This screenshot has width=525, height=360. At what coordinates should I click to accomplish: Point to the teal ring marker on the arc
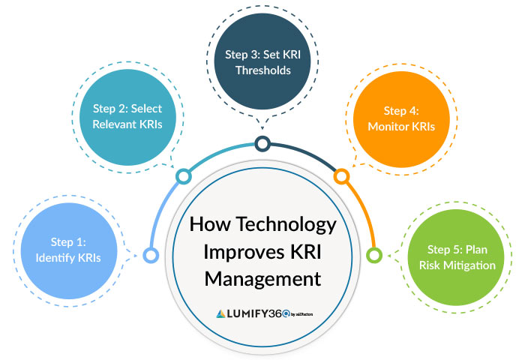[183, 177]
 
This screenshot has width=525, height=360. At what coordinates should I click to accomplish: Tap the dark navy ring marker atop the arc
[262, 143]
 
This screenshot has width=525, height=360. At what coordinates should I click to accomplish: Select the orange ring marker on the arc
[340, 177]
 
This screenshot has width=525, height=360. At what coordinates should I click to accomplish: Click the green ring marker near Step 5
[373, 256]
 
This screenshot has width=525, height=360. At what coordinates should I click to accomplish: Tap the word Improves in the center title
[238, 251]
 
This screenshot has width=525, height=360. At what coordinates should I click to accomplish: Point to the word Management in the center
[262, 278]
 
